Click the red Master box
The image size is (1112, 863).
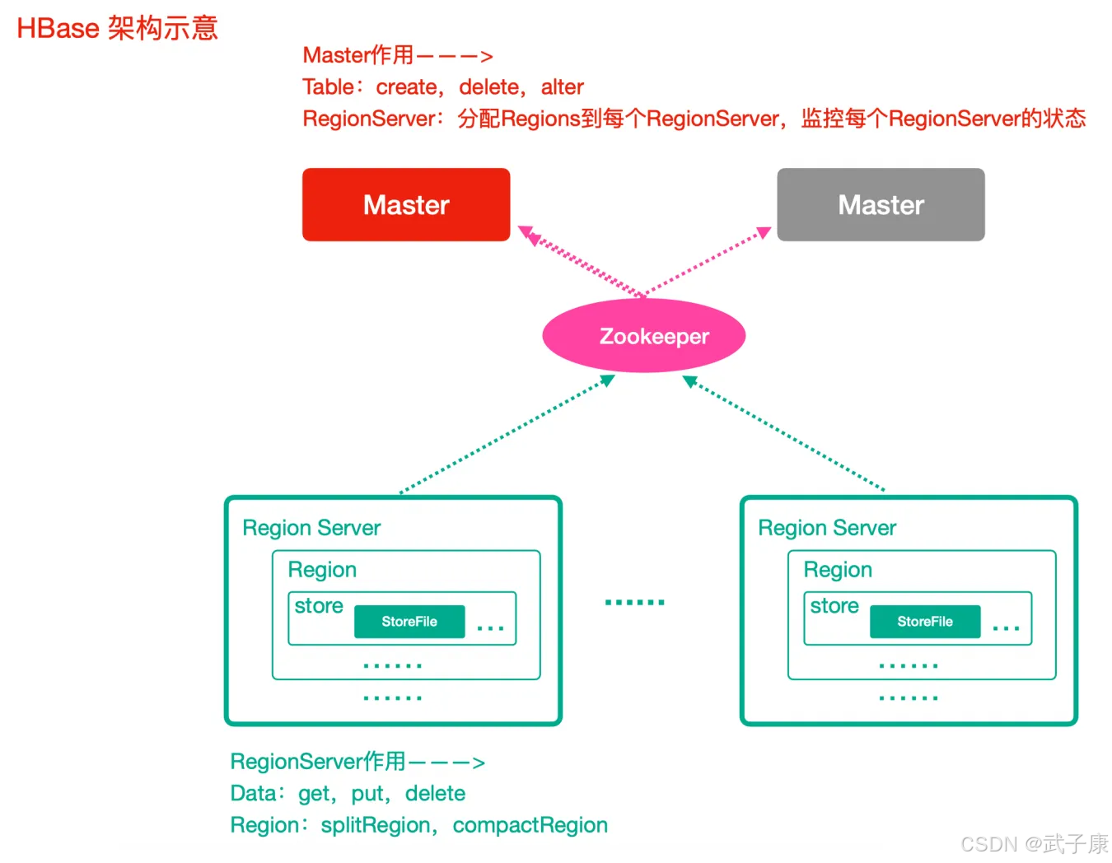click(x=406, y=204)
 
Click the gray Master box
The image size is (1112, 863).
click(x=881, y=204)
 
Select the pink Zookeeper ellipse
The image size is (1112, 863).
click(x=644, y=336)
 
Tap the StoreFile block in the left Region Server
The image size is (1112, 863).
click(x=409, y=621)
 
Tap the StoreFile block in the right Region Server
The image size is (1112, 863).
click(x=925, y=621)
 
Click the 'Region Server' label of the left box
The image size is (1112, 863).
click(x=311, y=528)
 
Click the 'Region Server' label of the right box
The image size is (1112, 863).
click(x=827, y=528)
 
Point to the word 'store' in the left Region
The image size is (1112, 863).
click(x=319, y=606)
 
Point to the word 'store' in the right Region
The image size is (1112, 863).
click(x=834, y=606)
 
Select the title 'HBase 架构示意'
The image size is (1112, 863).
click(x=118, y=28)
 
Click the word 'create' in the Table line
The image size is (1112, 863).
click(x=406, y=87)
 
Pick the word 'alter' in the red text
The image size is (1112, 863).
click(x=562, y=87)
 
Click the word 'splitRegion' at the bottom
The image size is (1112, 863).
click(x=376, y=825)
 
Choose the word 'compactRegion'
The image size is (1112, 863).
click(x=530, y=825)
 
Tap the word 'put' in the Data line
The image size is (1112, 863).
click(x=367, y=794)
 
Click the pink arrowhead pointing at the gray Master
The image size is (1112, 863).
click(x=764, y=232)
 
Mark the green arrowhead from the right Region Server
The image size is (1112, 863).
click(x=690, y=381)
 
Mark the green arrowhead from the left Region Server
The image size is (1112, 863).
click(x=607, y=380)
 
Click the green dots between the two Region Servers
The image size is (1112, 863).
click(x=634, y=602)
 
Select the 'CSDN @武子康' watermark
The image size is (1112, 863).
click(x=1035, y=843)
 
